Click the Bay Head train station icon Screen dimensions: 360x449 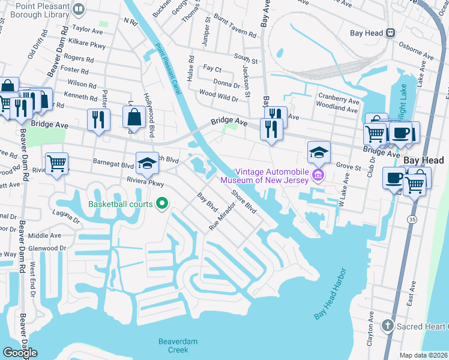click(x=390, y=33)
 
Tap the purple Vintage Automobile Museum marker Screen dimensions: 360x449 click(x=318, y=176)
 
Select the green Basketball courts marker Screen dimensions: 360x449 click(x=161, y=204)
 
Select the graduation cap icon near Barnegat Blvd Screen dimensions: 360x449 click(x=147, y=161)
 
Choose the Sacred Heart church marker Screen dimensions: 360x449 click(x=388, y=326)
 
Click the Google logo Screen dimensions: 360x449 click(x=20, y=353)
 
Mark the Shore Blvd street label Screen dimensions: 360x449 click(x=244, y=201)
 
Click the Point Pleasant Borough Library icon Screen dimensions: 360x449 click(x=78, y=9)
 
